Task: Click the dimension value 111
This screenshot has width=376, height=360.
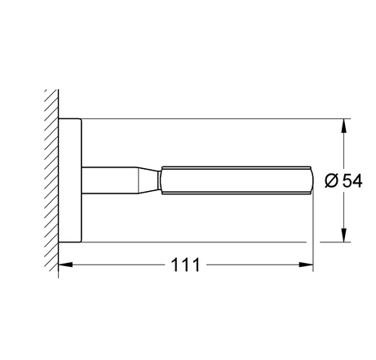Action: (x=186, y=264)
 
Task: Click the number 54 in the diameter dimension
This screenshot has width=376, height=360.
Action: (x=352, y=180)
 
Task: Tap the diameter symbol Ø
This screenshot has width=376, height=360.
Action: (x=331, y=181)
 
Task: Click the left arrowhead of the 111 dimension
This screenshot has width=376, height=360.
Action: (x=65, y=264)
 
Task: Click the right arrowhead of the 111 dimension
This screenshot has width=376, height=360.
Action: (x=306, y=264)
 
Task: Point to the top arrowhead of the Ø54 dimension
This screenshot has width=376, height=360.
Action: (x=344, y=126)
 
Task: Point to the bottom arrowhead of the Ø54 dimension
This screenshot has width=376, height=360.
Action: (x=344, y=235)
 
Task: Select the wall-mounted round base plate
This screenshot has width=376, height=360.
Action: (x=70, y=180)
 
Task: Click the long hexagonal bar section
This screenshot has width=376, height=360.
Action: (x=236, y=180)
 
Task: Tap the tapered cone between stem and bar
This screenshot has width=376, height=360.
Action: (x=148, y=180)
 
